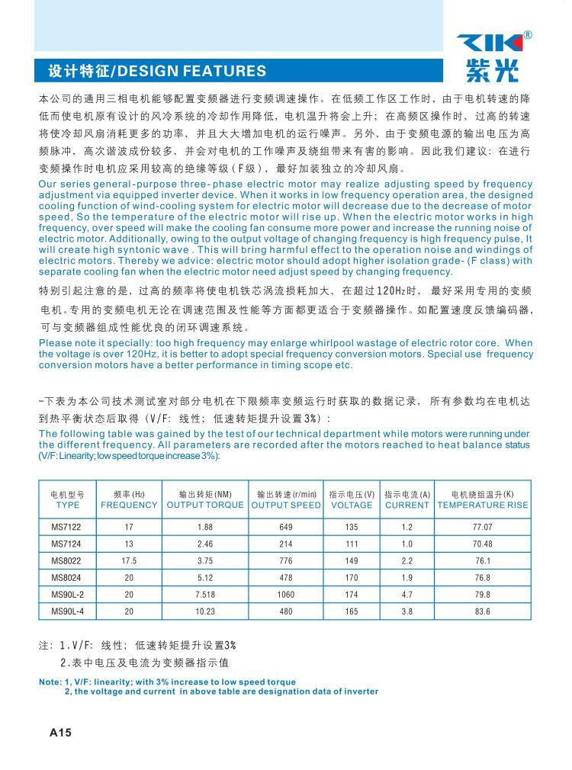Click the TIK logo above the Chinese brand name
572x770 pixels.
tap(490, 43)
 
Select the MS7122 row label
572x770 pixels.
tap(68, 527)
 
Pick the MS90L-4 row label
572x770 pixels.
tap(68, 611)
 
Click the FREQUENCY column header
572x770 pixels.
tap(129, 505)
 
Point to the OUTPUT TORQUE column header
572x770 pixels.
tap(205, 505)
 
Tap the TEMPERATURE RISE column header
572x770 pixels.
tap(482, 505)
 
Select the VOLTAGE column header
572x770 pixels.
tap(352, 505)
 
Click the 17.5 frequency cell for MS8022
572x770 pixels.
tap(129, 560)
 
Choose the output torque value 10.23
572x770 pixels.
tap(205, 611)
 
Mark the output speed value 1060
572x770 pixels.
tap(286, 594)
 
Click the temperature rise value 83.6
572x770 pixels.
tap(482, 611)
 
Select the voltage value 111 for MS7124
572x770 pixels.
tap(352, 544)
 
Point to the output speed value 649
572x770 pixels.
tap(286, 527)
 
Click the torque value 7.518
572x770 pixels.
tap(205, 594)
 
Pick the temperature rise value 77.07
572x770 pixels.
tap(482, 527)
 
